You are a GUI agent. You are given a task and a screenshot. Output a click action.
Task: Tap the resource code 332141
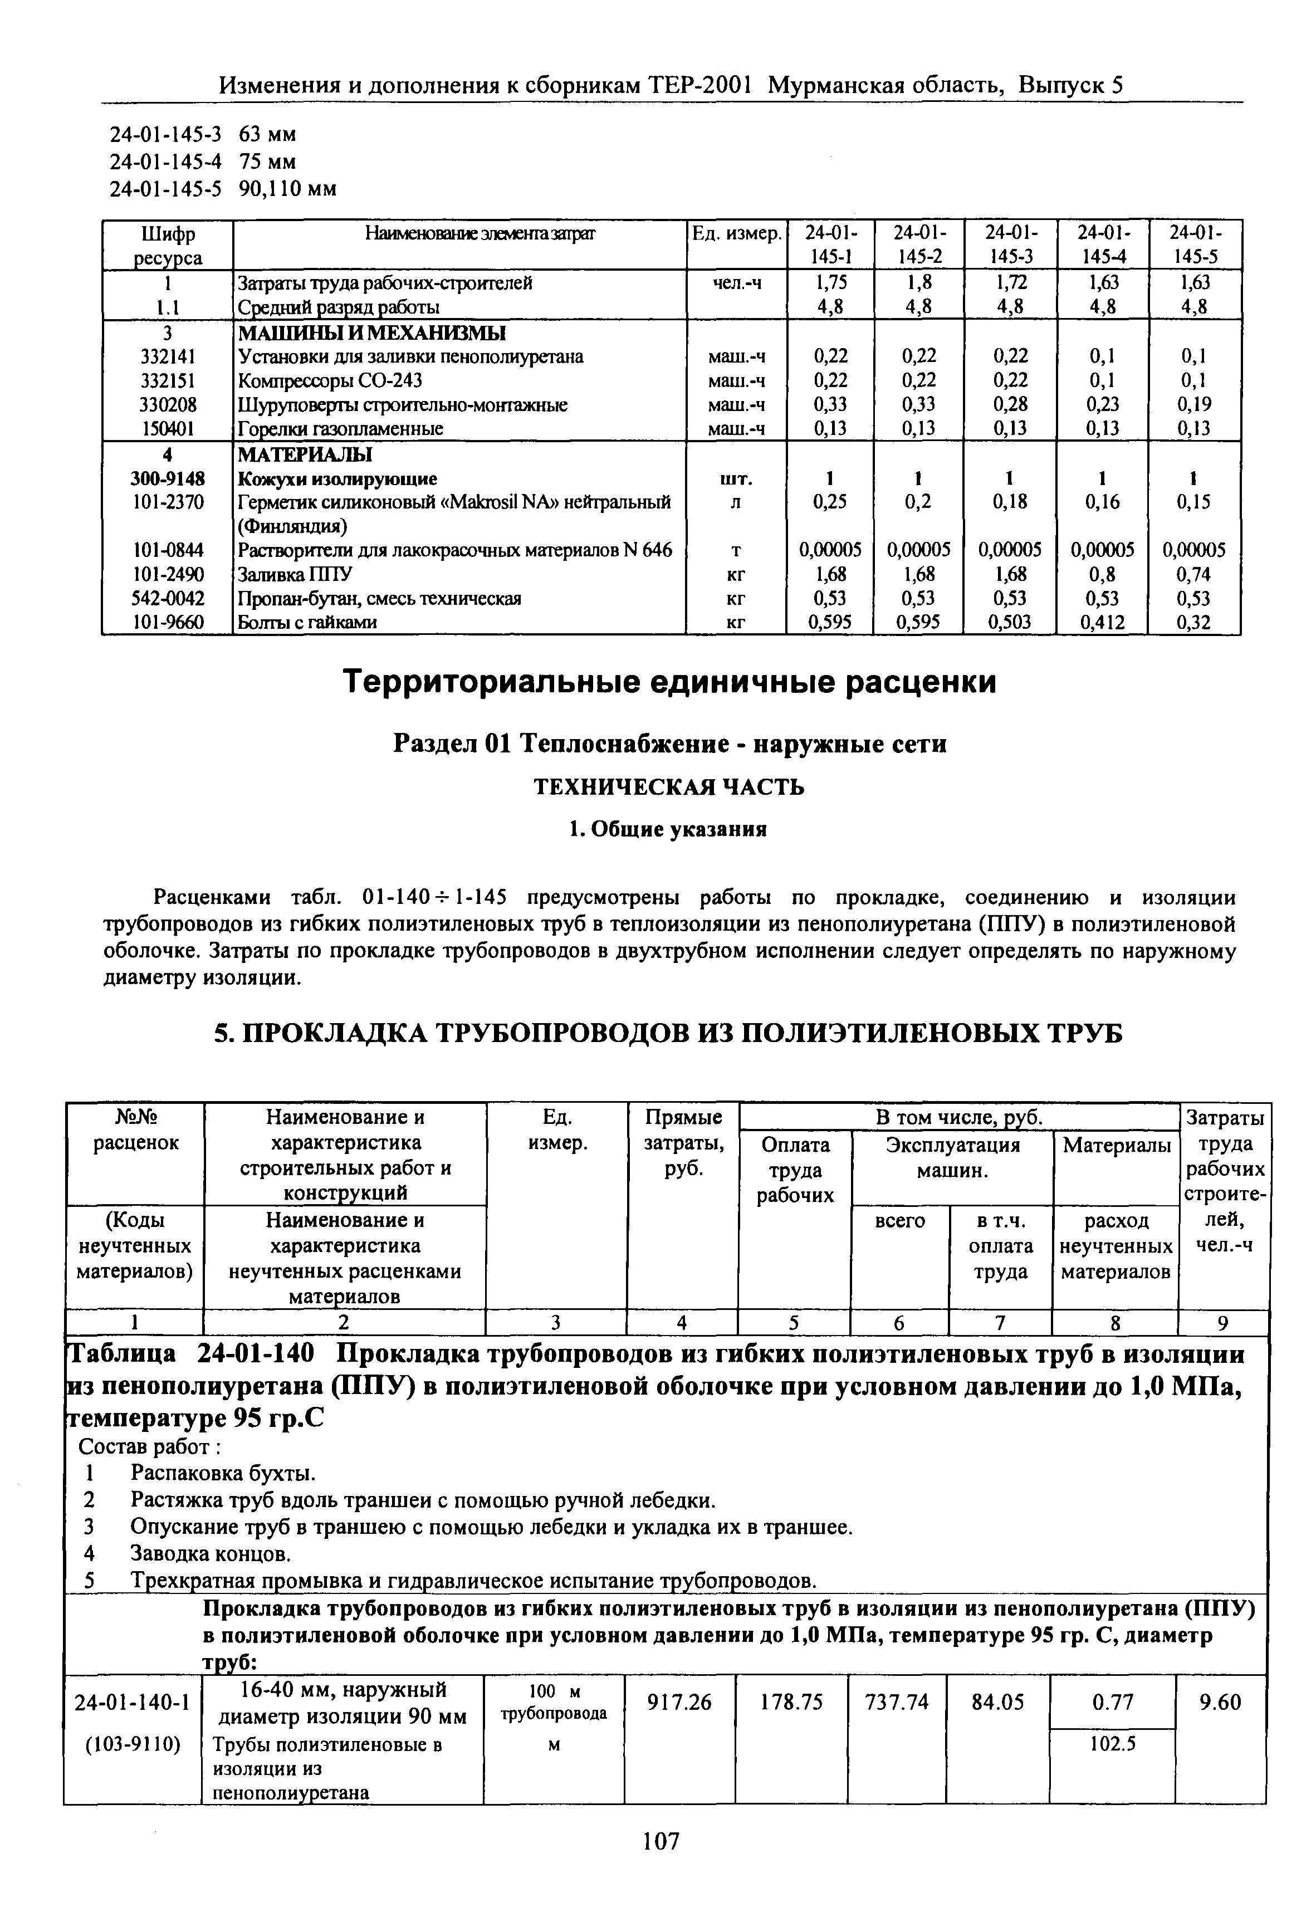click(x=168, y=357)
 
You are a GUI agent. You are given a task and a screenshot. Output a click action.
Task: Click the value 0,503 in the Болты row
click(x=1010, y=623)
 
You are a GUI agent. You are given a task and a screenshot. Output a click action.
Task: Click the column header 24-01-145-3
click(x=1010, y=245)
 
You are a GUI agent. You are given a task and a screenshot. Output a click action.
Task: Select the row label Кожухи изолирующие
click(x=337, y=479)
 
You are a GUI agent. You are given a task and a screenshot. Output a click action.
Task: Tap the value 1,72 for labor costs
click(x=1010, y=283)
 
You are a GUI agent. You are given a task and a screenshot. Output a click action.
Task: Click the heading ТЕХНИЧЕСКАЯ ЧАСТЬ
click(x=669, y=788)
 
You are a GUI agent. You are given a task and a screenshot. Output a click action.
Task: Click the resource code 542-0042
click(x=168, y=599)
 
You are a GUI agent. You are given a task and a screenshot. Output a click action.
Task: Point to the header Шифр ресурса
click(x=168, y=246)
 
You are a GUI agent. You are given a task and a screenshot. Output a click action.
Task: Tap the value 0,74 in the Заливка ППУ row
click(x=1194, y=575)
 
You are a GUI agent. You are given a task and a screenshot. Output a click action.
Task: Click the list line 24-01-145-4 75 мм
click(x=203, y=162)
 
